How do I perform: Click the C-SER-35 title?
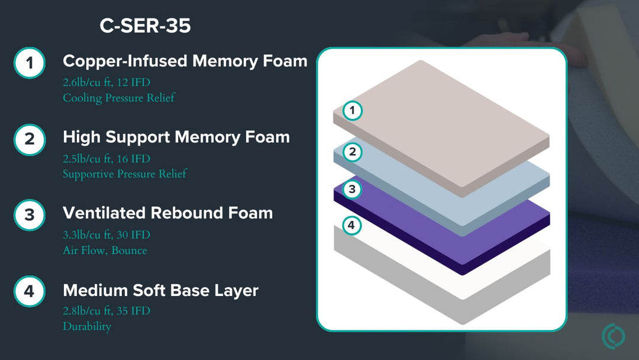click(145, 26)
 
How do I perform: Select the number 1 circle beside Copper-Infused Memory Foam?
click(30, 63)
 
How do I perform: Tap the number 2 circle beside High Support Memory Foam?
click(30, 139)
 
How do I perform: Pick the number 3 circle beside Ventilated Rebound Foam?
click(30, 215)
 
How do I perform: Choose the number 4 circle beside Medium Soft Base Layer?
click(30, 291)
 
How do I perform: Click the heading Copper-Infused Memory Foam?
click(185, 61)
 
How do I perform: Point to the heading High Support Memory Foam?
click(176, 137)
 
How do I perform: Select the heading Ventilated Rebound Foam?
click(168, 213)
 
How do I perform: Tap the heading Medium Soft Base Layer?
click(160, 291)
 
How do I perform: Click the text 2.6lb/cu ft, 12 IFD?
click(106, 83)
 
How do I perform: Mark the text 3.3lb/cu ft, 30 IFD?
click(106, 235)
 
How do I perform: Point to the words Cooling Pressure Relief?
click(119, 98)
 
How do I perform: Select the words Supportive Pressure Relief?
click(125, 173)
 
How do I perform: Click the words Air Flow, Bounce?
click(105, 250)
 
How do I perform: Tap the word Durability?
click(87, 326)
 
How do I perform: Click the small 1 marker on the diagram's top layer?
click(353, 110)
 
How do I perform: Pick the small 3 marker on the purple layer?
click(353, 189)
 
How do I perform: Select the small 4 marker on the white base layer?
click(351, 226)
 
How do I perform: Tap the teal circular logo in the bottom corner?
click(613, 336)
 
